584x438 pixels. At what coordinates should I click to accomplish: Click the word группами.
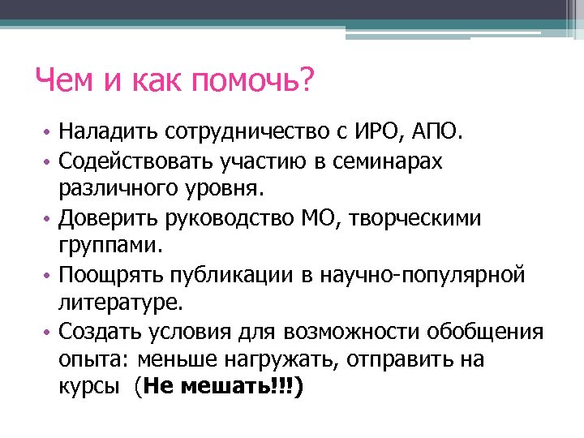(x=110, y=246)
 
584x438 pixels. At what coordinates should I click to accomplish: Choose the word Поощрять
(x=108, y=276)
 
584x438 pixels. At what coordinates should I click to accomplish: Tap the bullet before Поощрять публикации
(x=47, y=277)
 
